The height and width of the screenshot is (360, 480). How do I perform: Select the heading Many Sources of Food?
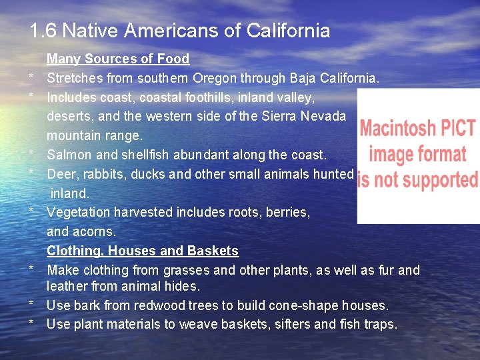pyautogui.click(x=118, y=59)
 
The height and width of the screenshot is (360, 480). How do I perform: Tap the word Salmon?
pyautogui.click(x=70, y=155)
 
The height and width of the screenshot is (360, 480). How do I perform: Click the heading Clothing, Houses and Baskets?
pyautogui.click(x=142, y=251)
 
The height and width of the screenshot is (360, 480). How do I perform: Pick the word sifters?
pyautogui.click(x=290, y=325)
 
